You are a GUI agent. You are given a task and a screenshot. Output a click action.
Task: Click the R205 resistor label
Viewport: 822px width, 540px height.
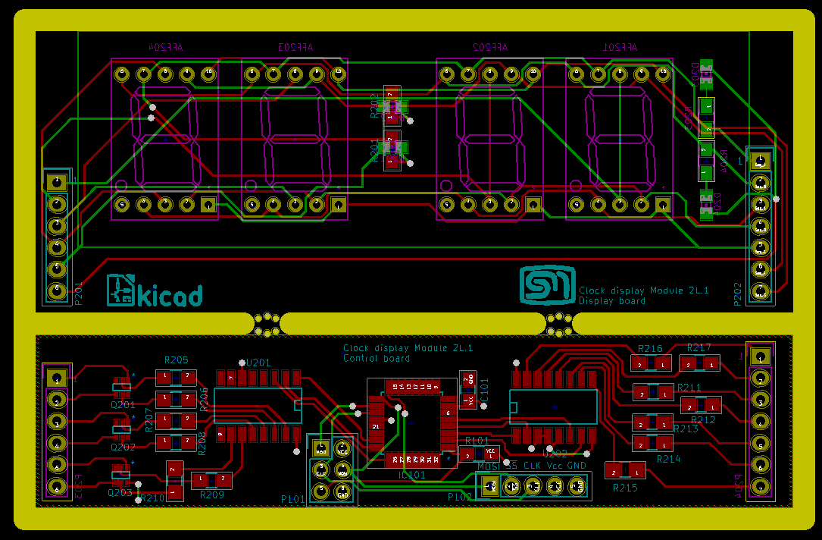(177, 360)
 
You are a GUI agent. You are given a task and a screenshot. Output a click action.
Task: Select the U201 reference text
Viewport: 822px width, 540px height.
(258, 364)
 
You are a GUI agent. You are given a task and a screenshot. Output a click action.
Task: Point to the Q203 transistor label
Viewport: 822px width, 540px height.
(120, 492)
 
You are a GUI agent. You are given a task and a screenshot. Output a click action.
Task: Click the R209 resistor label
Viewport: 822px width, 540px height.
(212, 494)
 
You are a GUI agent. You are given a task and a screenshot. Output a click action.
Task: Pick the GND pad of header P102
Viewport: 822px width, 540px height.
(577, 485)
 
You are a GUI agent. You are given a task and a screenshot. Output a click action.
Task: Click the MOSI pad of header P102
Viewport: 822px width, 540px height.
(490, 485)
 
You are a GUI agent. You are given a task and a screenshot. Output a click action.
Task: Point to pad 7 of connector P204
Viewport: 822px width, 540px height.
(759, 486)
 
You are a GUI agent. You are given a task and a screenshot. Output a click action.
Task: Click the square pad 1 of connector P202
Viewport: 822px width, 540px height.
(760, 161)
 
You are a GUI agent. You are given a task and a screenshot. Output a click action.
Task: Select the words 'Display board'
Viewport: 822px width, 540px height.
(612, 300)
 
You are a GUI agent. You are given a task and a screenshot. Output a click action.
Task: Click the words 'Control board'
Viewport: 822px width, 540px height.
(377, 358)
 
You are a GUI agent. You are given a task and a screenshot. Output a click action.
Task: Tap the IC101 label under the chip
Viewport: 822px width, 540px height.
(411, 475)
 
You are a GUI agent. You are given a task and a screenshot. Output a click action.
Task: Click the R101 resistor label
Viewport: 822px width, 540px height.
(477, 441)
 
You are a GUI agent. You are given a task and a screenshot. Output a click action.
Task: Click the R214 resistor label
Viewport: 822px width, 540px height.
(669, 459)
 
